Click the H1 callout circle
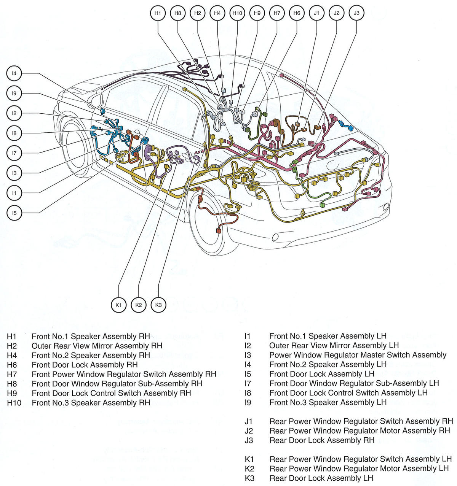(158, 13)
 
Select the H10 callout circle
(237, 13)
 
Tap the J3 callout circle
(356, 13)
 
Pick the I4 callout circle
(14, 73)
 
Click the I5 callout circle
(14, 213)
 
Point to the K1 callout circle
(118, 305)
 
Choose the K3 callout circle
(158, 305)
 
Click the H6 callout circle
(297, 13)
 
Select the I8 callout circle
(14, 133)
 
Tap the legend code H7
(12, 375)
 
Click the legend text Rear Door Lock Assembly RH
(322, 440)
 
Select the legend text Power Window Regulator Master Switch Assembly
(358, 355)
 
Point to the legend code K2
(249, 469)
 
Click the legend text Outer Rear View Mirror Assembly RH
(97, 346)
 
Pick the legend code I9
(248, 402)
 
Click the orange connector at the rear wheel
(218, 230)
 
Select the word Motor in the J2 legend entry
(388, 431)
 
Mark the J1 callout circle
(316, 13)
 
